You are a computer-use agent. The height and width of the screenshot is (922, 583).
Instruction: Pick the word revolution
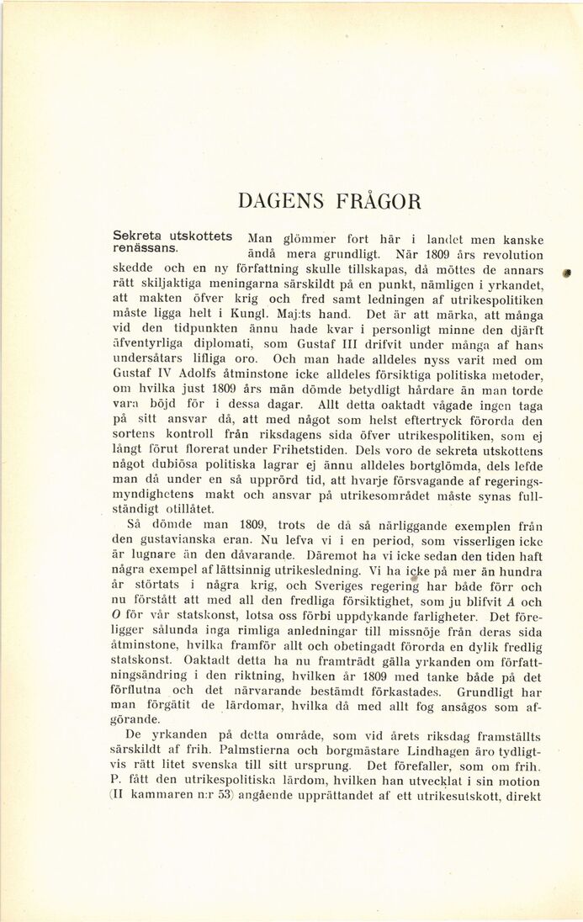[511, 253]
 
